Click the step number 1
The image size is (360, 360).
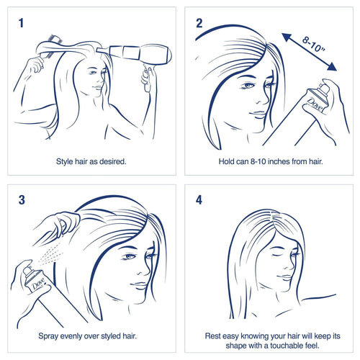coord(21,23)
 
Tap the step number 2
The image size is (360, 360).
coord(199,23)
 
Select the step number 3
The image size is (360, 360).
coord(22,200)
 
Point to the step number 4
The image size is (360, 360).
coord(199,200)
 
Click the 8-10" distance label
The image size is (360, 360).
coord(313,44)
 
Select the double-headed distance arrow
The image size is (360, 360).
coord(310,52)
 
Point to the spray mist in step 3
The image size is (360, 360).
coord(51,254)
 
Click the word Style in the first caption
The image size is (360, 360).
coord(65,161)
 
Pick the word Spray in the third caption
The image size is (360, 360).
coord(48,336)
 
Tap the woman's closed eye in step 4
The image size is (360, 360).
coord(276,254)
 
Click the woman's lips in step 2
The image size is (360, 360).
coord(258,114)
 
